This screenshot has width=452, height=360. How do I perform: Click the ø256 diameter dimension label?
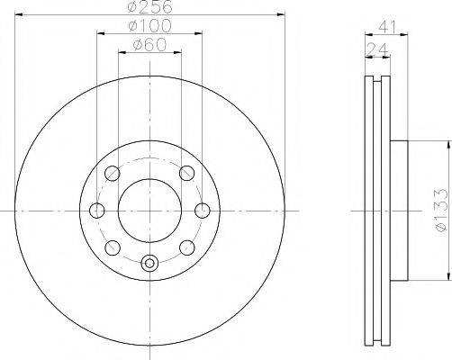click(150, 7)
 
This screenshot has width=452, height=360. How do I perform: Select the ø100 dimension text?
click(150, 26)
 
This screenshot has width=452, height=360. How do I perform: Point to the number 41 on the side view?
click(388, 26)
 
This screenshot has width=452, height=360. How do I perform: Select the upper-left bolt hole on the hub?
click(113, 174)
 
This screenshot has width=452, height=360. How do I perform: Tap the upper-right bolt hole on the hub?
click(187, 174)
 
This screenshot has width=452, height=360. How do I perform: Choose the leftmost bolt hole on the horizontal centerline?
click(97, 211)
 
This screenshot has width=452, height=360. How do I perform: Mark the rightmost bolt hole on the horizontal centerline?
click(203, 211)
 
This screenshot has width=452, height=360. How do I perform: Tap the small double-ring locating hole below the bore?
click(150, 264)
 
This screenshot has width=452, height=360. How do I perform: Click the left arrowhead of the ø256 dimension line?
click(19, 15)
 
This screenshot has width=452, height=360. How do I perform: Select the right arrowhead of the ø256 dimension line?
click(281, 15)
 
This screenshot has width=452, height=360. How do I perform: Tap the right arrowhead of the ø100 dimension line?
click(200, 34)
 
